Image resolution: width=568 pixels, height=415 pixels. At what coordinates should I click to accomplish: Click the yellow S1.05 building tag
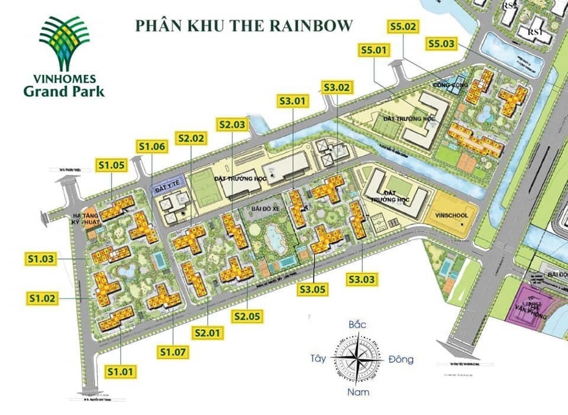112,166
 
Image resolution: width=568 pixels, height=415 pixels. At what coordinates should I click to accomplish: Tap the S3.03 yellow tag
363,278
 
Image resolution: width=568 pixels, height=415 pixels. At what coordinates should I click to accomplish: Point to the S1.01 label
121,371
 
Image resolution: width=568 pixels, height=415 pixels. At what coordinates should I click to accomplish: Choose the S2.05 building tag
247,316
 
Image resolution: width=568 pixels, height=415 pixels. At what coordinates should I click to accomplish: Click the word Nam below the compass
357,392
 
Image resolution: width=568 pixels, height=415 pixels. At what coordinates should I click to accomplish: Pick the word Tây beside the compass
318,358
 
